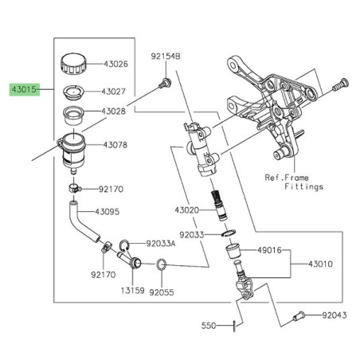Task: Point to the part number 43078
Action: tap(116, 145)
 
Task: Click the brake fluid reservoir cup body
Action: tap(76, 151)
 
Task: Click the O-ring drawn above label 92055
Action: tap(160, 264)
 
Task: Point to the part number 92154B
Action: tap(166, 57)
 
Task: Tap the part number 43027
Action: tap(116, 92)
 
